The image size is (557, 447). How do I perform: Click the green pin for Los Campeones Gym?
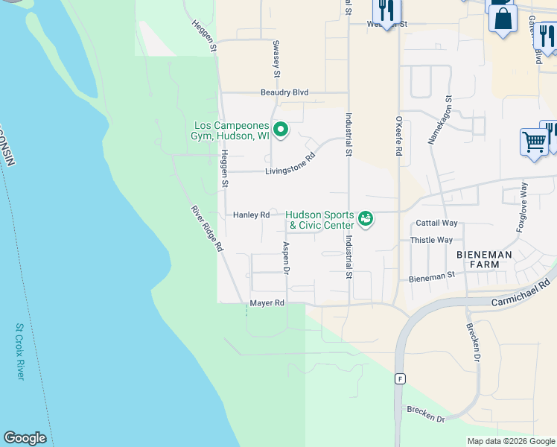280,130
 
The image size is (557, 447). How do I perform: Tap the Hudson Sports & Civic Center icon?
365,218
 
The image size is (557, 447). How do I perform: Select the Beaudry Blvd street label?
284,92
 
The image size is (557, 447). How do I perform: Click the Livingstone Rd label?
290,165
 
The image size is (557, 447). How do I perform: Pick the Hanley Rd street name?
251,215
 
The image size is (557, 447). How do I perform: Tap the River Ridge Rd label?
208,228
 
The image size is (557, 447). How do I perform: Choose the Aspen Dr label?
285,257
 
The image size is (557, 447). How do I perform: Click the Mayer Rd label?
267,303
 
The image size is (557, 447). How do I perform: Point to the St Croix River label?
20,351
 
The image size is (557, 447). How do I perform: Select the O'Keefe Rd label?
399,135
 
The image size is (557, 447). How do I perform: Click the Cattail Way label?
436,223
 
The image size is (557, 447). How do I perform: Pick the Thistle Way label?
432,240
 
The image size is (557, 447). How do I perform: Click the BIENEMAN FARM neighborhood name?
484,261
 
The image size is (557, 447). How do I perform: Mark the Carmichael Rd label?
521,293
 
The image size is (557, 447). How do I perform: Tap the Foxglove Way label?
521,206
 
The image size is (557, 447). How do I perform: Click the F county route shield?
400,378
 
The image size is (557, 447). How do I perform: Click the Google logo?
25,438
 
